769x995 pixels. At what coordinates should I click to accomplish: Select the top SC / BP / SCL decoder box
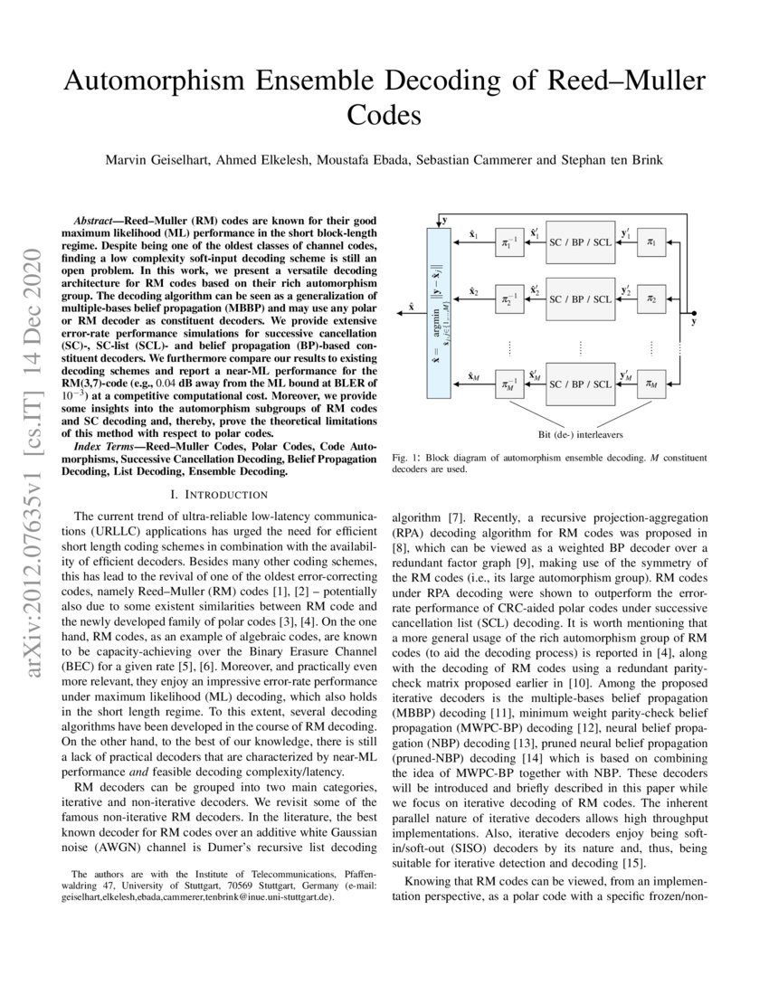(579, 243)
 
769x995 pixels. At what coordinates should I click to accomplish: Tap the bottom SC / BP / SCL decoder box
(579, 384)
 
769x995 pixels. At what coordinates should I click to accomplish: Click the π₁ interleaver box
(650, 243)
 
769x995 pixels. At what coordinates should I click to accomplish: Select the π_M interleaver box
(650, 384)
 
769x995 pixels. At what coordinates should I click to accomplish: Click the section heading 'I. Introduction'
(221, 494)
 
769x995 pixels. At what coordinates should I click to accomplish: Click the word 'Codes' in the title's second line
(384, 116)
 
